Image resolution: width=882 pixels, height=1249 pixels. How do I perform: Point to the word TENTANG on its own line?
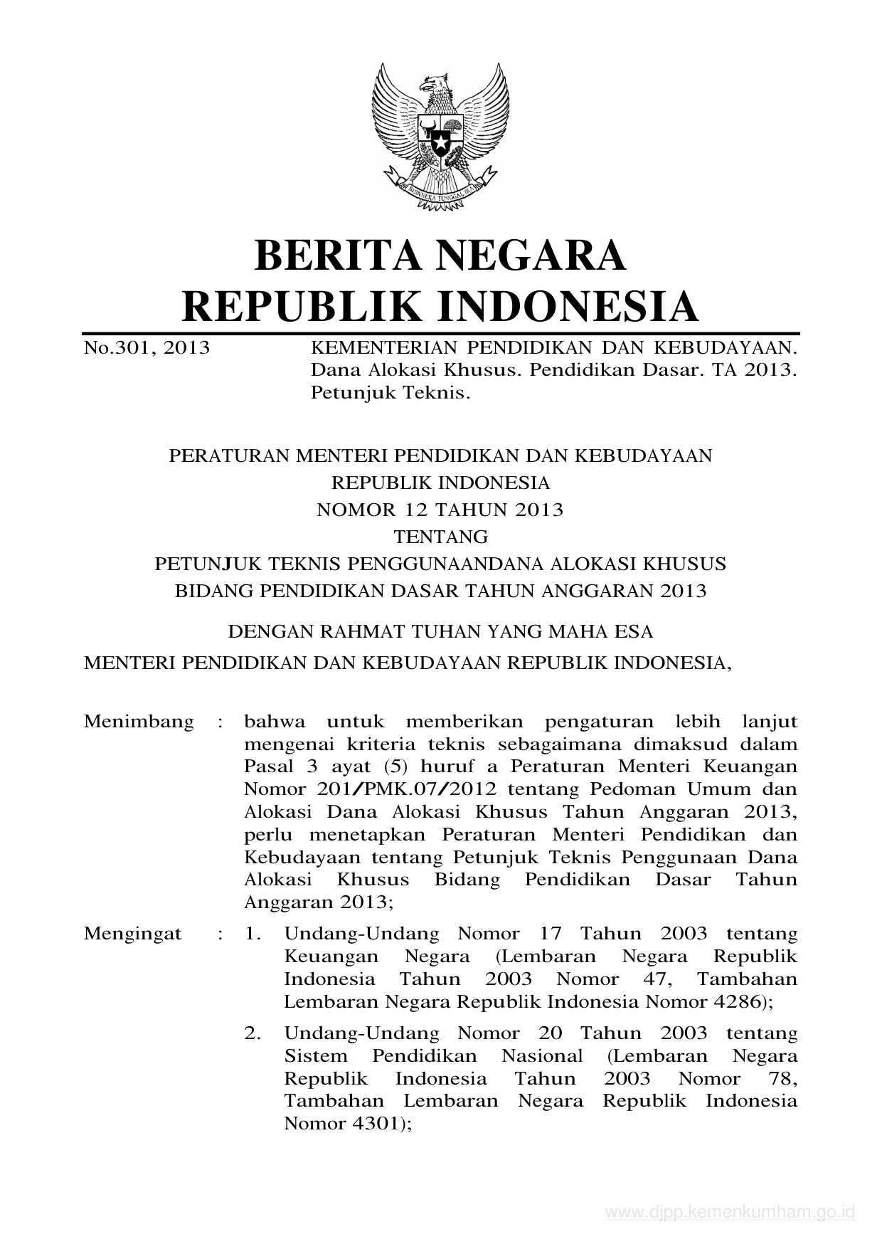tap(441, 536)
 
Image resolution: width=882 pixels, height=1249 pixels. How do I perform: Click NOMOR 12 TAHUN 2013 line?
tap(440, 510)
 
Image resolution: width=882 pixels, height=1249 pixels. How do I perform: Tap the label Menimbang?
tap(139, 722)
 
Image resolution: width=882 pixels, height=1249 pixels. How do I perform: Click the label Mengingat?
tap(133, 933)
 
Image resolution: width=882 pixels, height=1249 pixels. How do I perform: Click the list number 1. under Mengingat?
tap(253, 933)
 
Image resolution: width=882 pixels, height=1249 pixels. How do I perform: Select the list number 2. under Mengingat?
tap(253, 1033)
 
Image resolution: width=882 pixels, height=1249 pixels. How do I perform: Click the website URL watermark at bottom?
tap(729, 1212)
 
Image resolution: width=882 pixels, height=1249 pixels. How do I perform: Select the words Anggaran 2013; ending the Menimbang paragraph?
tap(319, 902)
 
